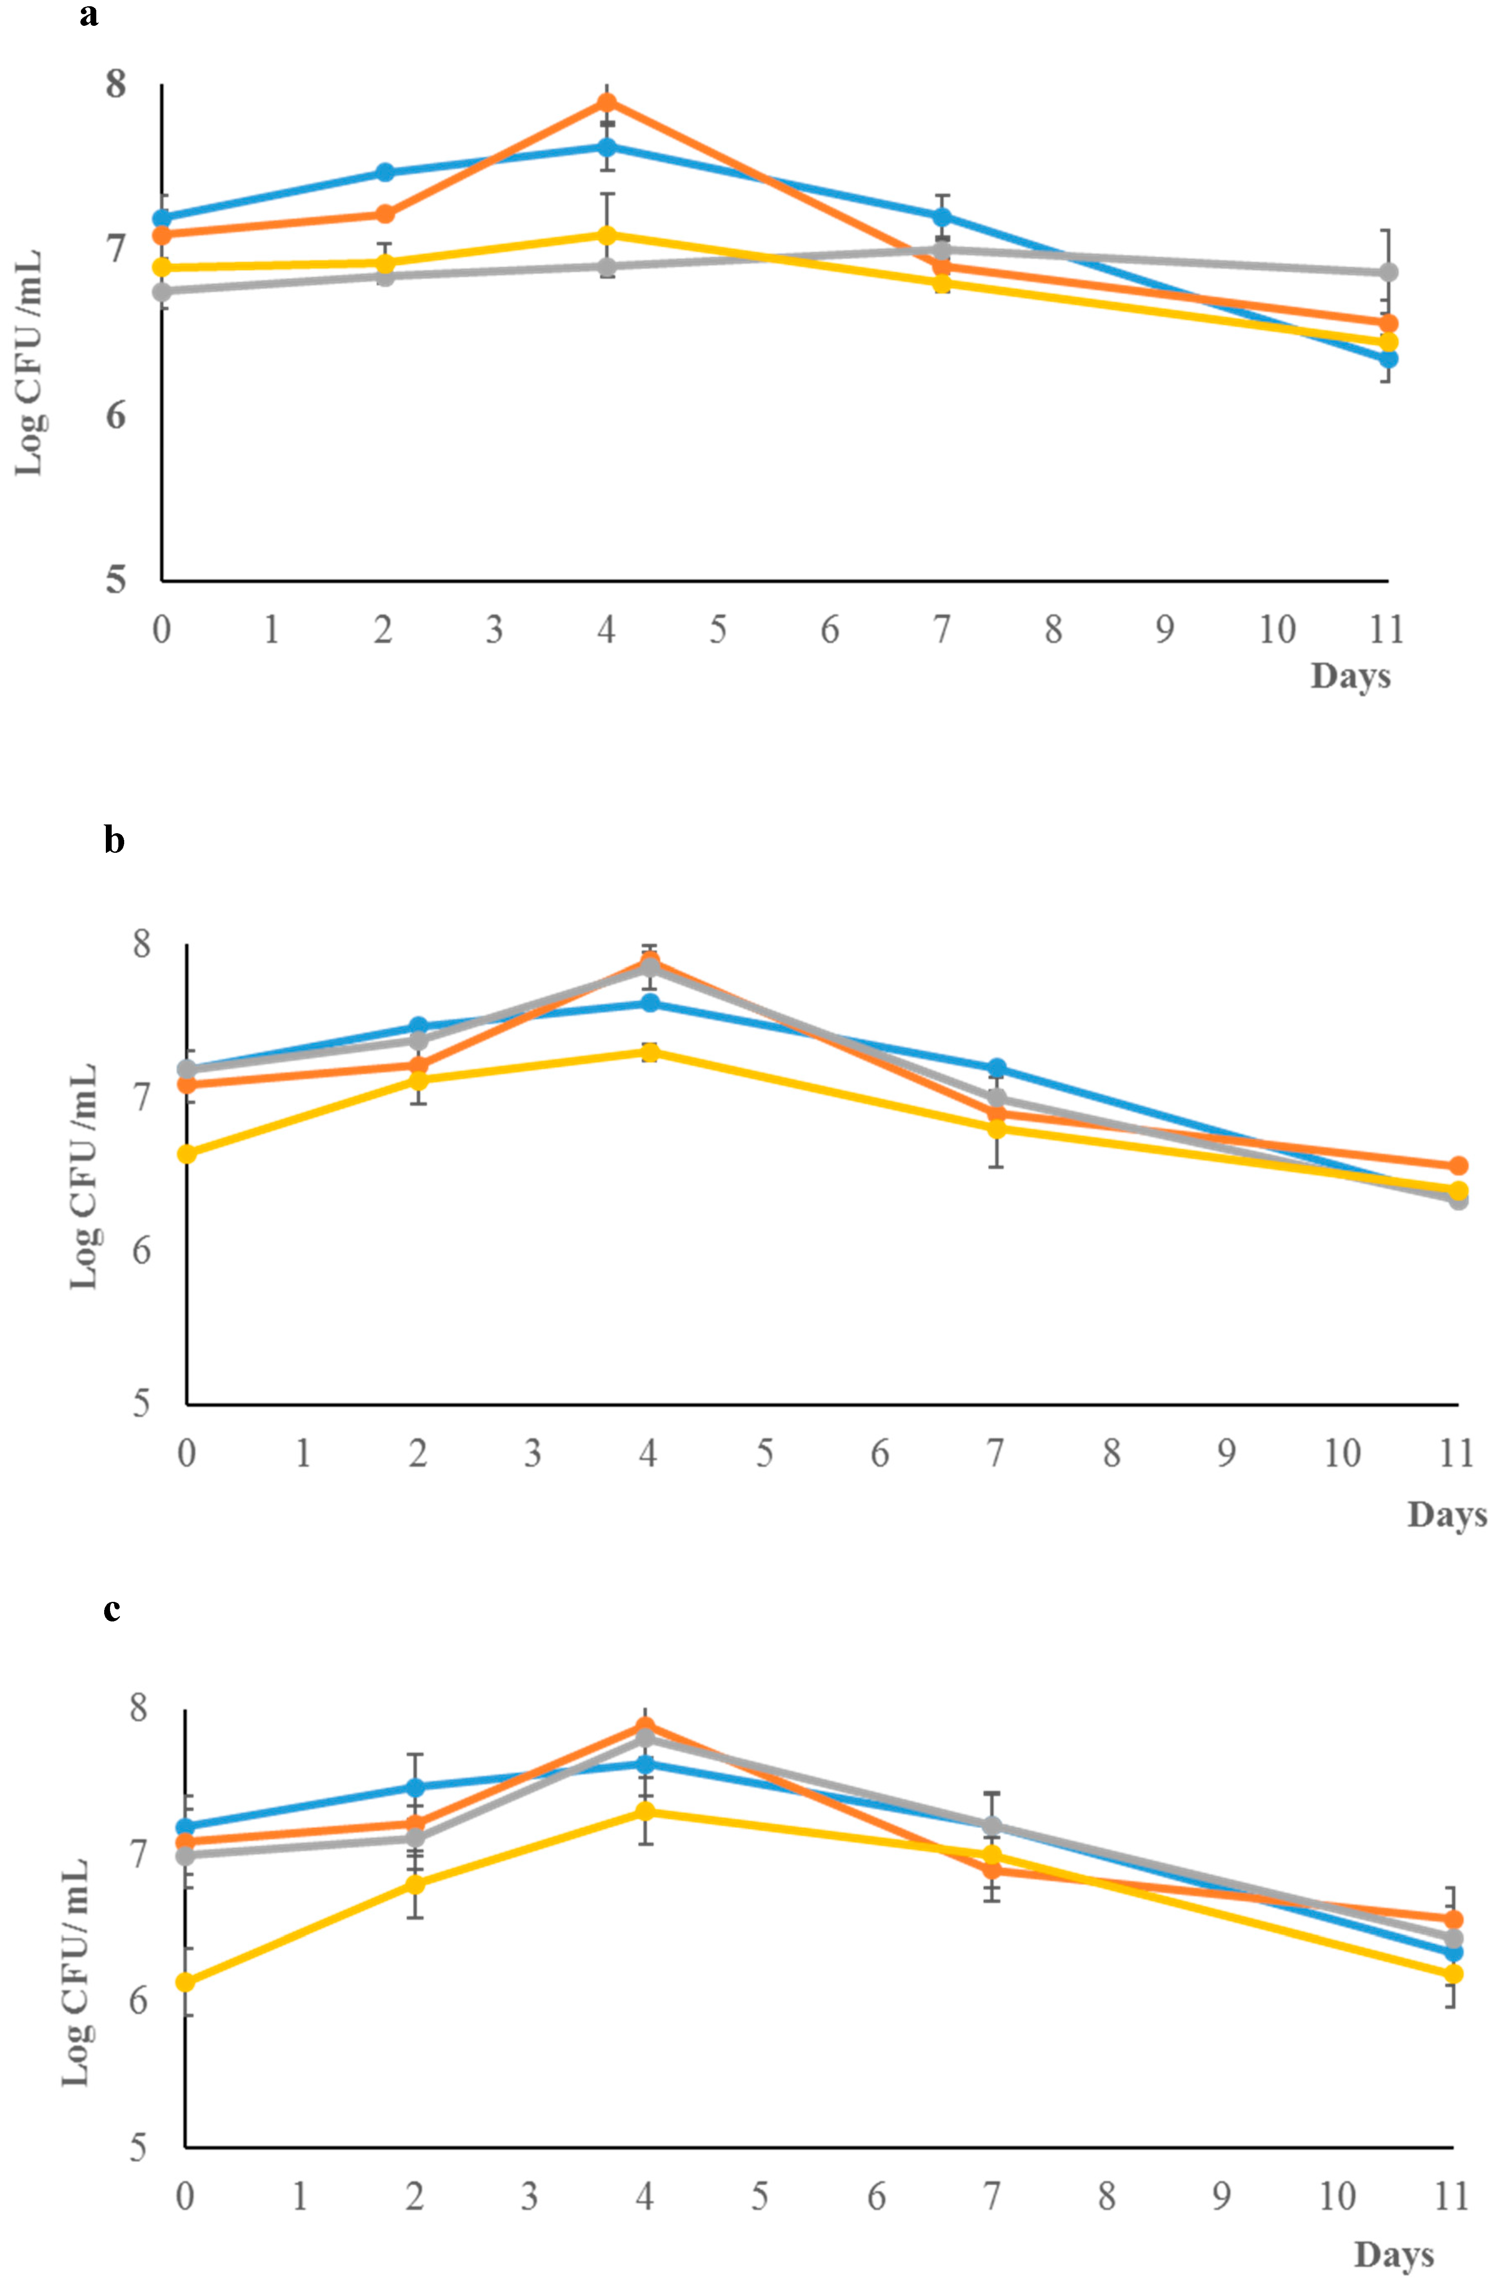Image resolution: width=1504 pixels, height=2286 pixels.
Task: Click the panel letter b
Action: point(114,840)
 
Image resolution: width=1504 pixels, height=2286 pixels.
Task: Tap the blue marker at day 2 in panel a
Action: point(384,173)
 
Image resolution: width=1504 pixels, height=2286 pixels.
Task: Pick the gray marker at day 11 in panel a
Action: point(1388,273)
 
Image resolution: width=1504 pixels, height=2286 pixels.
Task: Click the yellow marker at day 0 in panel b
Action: point(188,1153)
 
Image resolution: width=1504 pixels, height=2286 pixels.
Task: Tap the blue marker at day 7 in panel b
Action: point(996,1068)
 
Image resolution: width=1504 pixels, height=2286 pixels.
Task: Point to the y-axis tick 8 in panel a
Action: point(116,85)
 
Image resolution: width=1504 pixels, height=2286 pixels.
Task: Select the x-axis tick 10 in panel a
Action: point(1276,630)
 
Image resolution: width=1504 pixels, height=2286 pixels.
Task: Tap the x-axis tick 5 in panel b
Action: point(764,1453)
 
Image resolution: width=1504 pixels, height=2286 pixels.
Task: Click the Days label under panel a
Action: point(1350,676)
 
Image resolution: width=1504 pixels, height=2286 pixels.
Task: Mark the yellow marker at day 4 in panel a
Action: point(606,235)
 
